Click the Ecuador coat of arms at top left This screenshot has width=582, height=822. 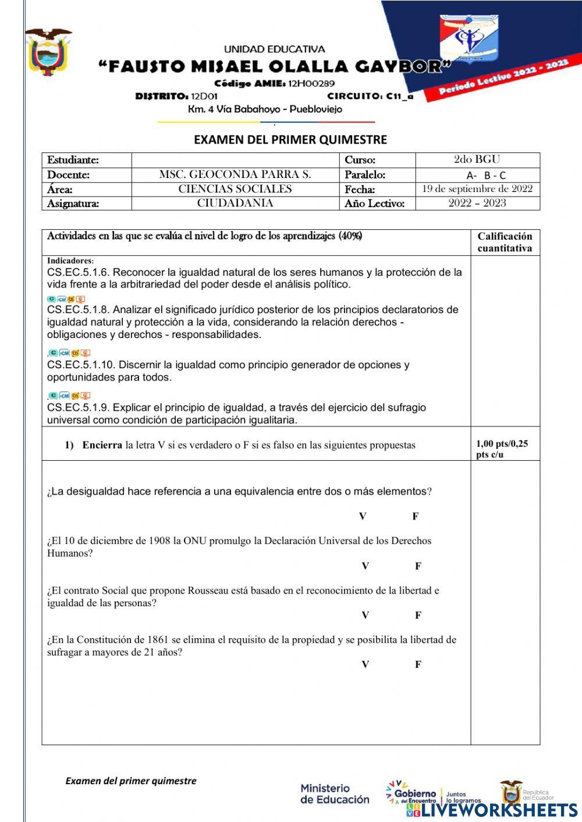pyautogui.click(x=48, y=51)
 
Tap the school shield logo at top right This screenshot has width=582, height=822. pyautogui.click(x=469, y=40)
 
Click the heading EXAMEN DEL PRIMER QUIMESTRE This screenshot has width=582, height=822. pyautogui.click(x=290, y=140)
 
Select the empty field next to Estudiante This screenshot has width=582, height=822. pyautogui.click(x=235, y=160)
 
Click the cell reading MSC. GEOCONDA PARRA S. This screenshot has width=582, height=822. pyautogui.click(x=235, y=175)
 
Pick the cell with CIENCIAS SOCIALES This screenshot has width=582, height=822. pyautogui.click(x=235, y=189)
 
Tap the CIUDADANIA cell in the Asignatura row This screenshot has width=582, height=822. pyautogui.click(x=235, y=203)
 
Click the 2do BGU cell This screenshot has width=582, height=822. pyautogui.click(x=477, y=159)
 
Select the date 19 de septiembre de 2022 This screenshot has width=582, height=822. pyautogui.click(x=477, y=188)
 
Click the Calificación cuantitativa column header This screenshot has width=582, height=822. pyautogui.click(x=505, y=242)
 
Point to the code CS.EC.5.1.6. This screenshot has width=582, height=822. pyautogui.click(x=77, y=272)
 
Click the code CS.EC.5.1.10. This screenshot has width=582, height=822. pyautogui.click(x=80, y=365)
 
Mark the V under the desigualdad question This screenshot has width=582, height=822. pyautogui.click(x=363, y=516)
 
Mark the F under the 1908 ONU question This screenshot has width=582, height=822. pyautogui.click(x=418, y=566)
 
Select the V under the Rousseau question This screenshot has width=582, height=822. pyautogui.click(x=365, y=615)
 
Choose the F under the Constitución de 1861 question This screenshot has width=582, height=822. pyautogui.click(x=418, y=664)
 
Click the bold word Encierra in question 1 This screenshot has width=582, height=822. pyautogui.click(x=102, y=445)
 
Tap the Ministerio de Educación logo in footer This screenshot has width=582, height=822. pyautogui.click(x=334, y=793)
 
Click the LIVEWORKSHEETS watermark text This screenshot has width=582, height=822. pyautogui.click(x=499, y=810)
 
